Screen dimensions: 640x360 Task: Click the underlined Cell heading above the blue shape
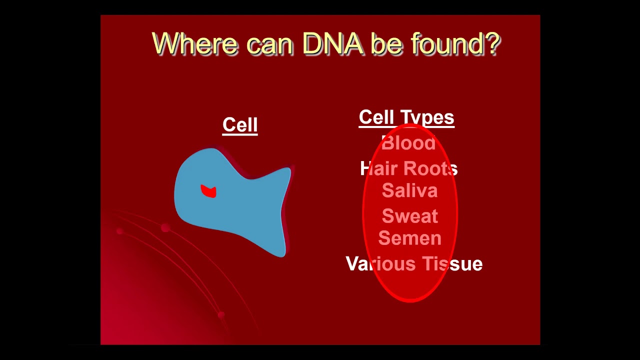coord(240,125)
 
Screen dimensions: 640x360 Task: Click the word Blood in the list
coord(408,142)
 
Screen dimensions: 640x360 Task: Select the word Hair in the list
coord(379,168)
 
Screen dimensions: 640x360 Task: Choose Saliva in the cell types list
coord(409,190)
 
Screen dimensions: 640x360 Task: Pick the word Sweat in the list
coord(409,215)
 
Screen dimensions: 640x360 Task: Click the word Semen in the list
coord(409,238)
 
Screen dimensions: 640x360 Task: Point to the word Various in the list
coord(380,263)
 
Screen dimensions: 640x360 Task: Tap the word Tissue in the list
coord(452,263)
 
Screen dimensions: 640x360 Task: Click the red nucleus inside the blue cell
coord(208,191)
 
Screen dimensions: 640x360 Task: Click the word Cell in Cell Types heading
coord(376,117)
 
